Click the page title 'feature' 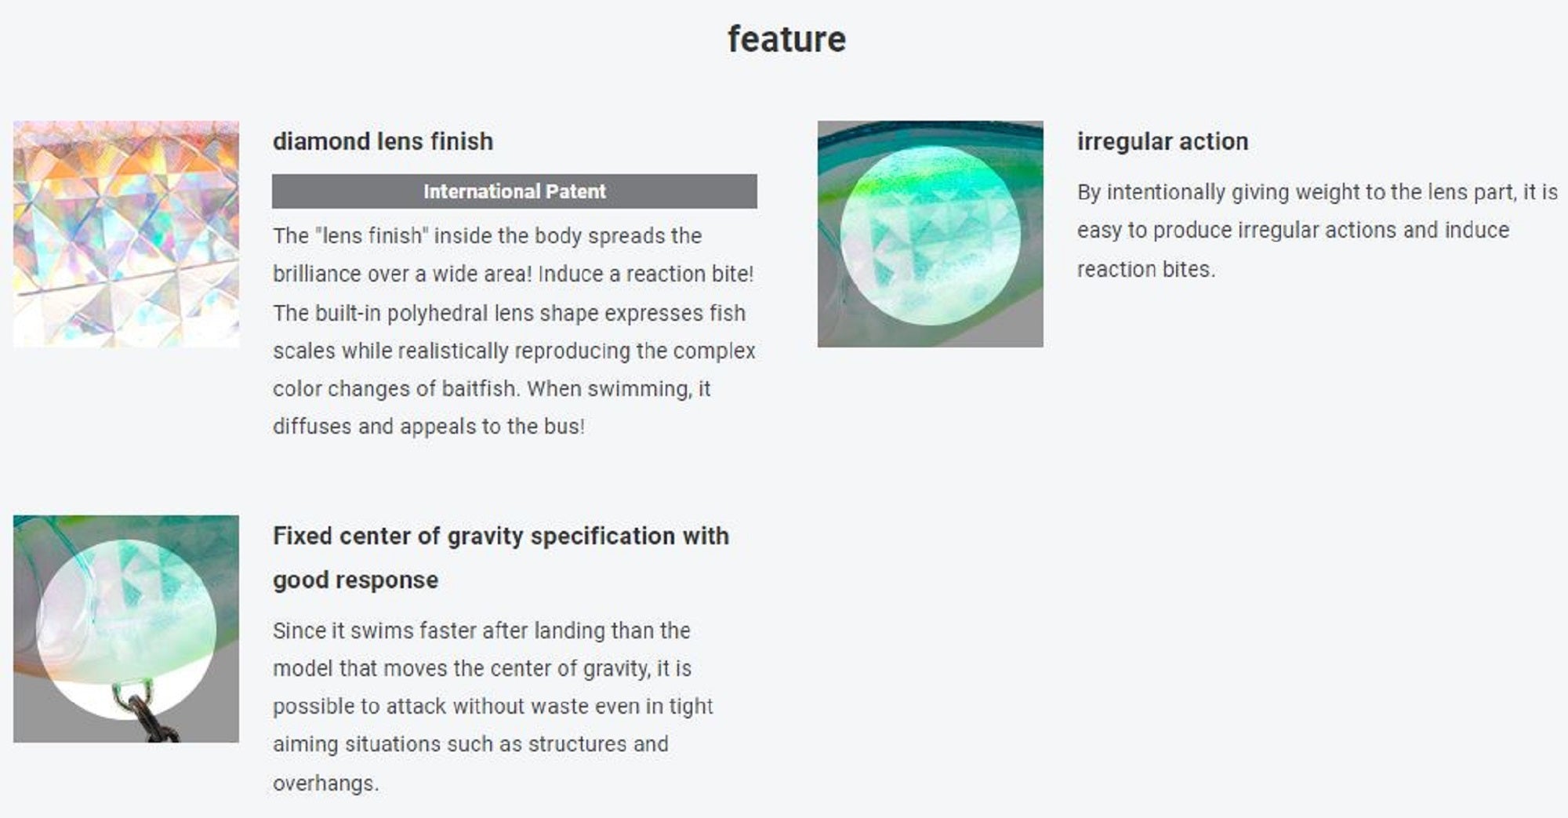click(x=786, y=39)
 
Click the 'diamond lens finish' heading click(x=383, y=141)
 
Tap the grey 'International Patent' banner click(x=514, y=191)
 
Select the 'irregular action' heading click(x=1162, y=141)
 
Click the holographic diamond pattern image click(x=126, y=234)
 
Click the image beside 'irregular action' click(x=930, y=234)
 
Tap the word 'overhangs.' click(x=325, y=783)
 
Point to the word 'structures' click(x=576, y=743)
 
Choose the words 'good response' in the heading click(x=355, y=580)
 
